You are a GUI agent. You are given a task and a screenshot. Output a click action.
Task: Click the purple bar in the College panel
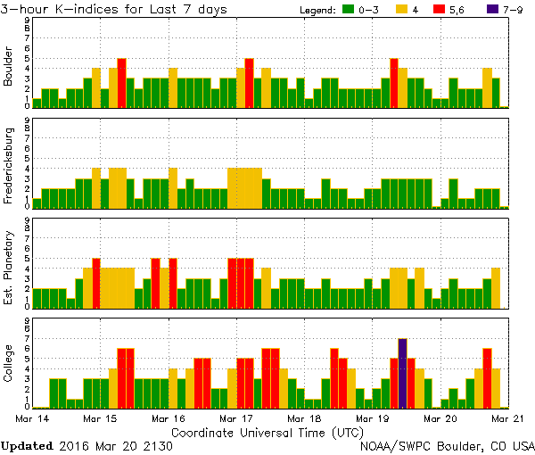(x=402, y=373)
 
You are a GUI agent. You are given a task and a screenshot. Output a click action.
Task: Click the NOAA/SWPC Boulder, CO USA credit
(x=447, y=445)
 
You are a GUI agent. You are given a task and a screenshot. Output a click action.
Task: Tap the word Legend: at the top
(x=315, y=10)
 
